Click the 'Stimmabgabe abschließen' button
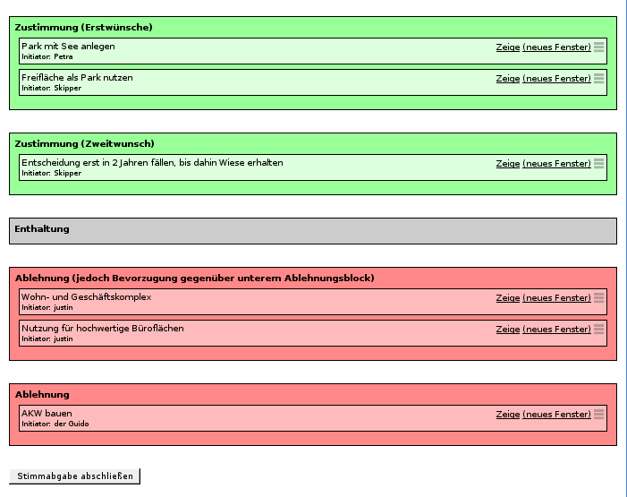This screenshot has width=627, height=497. [75, 476]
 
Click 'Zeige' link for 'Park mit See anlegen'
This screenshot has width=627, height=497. [508, 47]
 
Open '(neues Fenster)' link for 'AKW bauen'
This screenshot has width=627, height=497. [556, 415]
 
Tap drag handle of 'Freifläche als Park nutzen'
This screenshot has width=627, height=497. [598, 79]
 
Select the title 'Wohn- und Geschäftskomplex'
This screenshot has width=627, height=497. [87, 297]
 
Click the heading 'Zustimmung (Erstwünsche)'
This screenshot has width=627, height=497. [83, 27]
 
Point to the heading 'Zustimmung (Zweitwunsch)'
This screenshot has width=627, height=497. [84, 144]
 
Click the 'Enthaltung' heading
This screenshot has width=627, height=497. [42, 228]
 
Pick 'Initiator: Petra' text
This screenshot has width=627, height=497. [47, 57]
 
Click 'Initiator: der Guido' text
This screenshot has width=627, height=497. [55, 424]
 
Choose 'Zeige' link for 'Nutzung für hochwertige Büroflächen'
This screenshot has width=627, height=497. [508, 330]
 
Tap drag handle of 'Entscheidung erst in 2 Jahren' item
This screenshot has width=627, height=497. [598, 163]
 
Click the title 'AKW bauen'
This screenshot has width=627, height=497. [47, 414]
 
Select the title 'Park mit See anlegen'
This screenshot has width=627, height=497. [68, 47]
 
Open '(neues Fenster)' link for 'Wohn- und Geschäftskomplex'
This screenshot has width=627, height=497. [556, 298]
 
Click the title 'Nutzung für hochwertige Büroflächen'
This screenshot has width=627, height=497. [103, 329]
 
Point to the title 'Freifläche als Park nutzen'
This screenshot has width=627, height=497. [77, 78]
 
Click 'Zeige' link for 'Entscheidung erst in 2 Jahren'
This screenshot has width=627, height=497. [508, 164]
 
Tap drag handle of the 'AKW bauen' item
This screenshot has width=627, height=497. [598, 414]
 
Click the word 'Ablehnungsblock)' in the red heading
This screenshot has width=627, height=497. [329, 278]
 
